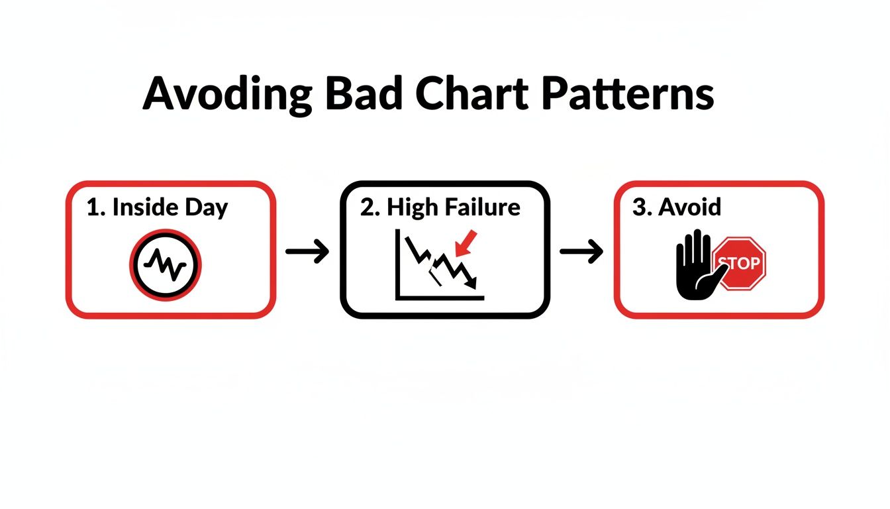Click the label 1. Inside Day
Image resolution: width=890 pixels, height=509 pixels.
pyautogui.click(x=157, y=207)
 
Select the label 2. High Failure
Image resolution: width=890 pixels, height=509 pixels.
pyautogui.click(x=440, y=207)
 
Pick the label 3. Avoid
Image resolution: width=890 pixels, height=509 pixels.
pyautogui.click(x=677, y=207)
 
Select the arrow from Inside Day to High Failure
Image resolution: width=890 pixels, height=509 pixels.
pyautogui.click(x=307, y=252)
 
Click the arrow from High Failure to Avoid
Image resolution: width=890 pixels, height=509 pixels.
pyautogui.click(x=581, y=252)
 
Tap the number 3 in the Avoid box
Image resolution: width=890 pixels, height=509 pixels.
pyautogui.click(x=638, y=207)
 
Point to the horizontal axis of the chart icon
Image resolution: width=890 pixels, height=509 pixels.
pyautogui.click(x=440, y=298)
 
